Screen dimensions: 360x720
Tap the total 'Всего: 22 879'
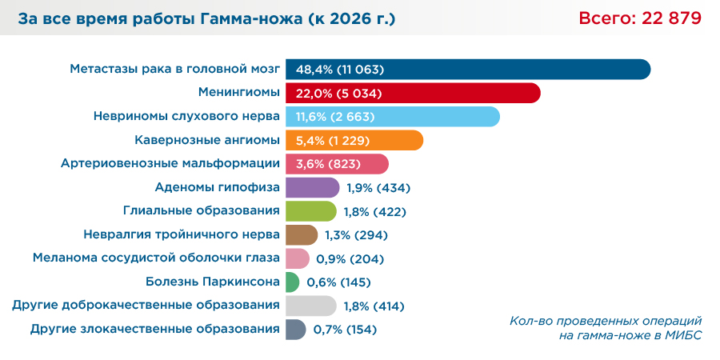pyautogui.click(x=640, y=18)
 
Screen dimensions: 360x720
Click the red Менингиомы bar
pyautogui.click(x=464, y=93)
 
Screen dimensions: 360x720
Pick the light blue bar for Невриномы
pyautogui.click(x=440, y=117)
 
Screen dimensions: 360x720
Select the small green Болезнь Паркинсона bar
pyautogui.click(x=292, y=282)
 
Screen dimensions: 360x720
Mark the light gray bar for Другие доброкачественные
pyautogui.click(x=310, y=306)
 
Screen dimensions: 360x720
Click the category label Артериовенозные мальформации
pyautogui.click(x=170, y=164)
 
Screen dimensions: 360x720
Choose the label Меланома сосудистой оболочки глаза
pyautogui.click(x=156, y=258)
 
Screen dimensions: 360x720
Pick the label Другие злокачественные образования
pyautogui.click(x=154, y=329)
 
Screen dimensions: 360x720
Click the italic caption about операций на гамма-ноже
pyautogui.click(x=605, y=328)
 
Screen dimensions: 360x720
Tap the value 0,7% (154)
pyautogui.click(x=345, y=330)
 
